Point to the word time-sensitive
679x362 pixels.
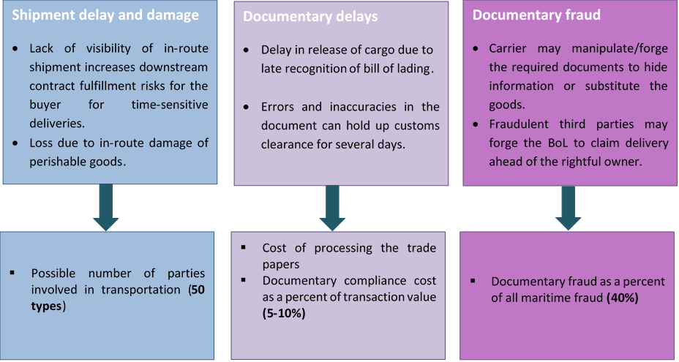tap(170, 105)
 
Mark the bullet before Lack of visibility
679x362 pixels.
tap(16, 50)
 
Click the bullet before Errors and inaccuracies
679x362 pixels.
tap(247, 108)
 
